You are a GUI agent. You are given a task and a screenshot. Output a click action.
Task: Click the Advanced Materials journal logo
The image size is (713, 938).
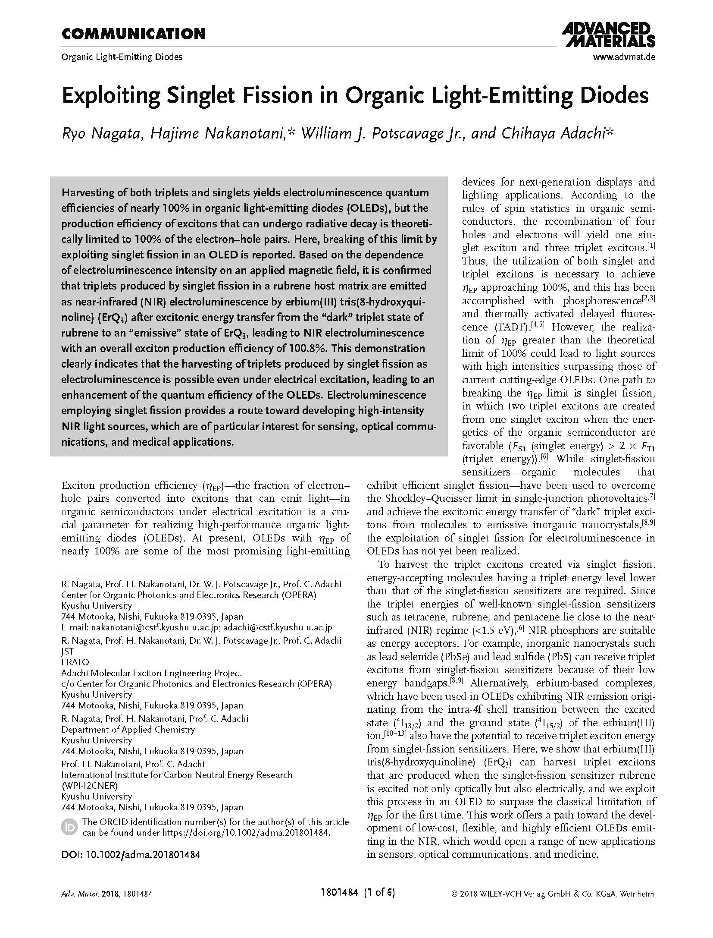point(608,35)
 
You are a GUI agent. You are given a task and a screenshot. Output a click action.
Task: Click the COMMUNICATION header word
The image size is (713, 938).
point(133,34)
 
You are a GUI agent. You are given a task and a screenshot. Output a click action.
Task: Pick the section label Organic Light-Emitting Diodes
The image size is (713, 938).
point(122,57)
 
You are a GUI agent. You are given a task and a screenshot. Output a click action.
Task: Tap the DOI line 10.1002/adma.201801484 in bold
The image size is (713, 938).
point(131,854)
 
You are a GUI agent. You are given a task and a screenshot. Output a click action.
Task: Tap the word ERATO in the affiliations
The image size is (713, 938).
point(75,662)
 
